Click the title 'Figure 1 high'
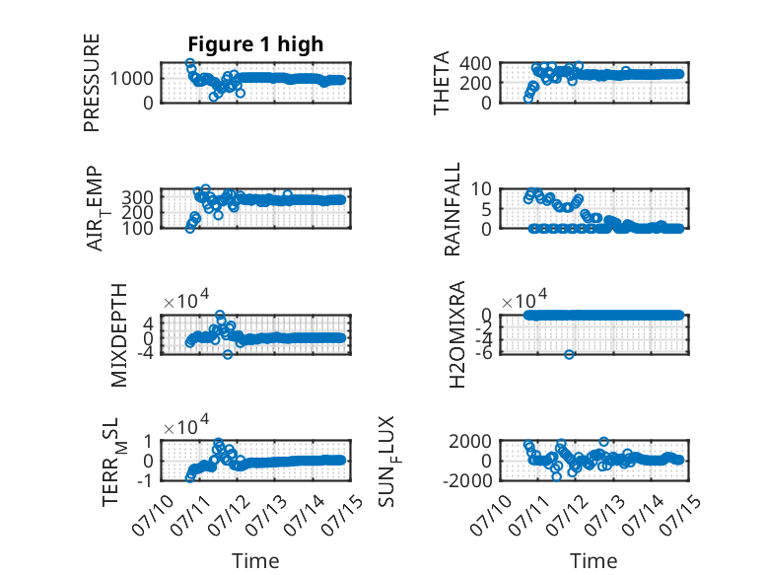click(x=255, y=44)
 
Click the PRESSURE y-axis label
click(x=92, y=83)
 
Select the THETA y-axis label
click(x=442, y=83)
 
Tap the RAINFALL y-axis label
click(x=452, y=209)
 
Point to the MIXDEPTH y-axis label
click(x=119, y=335)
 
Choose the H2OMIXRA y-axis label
click(x=456, y=334)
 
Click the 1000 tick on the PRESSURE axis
click(x=131, y=78)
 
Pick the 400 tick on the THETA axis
click(x=475, y=64)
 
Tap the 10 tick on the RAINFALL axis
click(x=481, y=189)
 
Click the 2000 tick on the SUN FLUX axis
click(x=470, y=442)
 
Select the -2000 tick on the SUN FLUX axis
click(x=467, y=480)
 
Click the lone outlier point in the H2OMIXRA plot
click(x=569, y=354)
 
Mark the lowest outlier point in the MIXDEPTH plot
click(x=228, y=354)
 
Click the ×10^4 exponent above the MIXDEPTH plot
click(x=186, y=299)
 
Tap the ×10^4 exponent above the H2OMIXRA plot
click(x=524, y=299)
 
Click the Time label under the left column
click(x=255, y=561)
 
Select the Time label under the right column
click(x=593, y=561)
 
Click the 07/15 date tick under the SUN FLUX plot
click(x=680, y=514)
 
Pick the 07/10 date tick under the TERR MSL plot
click(x=154, y=514)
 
